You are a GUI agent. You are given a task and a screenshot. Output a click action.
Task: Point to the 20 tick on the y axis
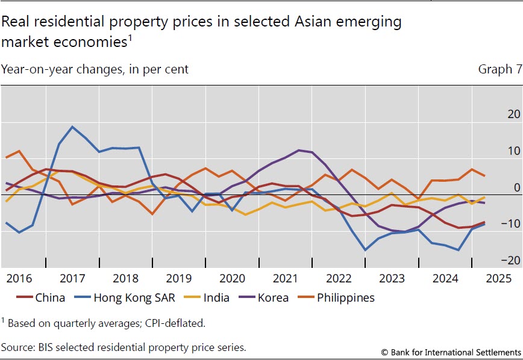pos(513,114)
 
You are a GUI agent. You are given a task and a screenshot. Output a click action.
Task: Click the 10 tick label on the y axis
pos(513,151)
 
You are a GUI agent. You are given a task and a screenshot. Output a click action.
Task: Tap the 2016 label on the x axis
pos(19,279)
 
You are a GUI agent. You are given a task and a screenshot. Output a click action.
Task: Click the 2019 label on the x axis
pos(180,279)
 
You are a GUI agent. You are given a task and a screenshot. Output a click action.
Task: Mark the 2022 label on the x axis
pos(339,279)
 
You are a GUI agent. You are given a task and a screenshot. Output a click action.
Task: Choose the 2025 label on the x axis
pos(499,279)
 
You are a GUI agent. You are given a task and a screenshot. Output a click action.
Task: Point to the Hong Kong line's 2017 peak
pos(72,126)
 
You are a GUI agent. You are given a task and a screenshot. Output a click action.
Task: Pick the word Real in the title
pos(14,23)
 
